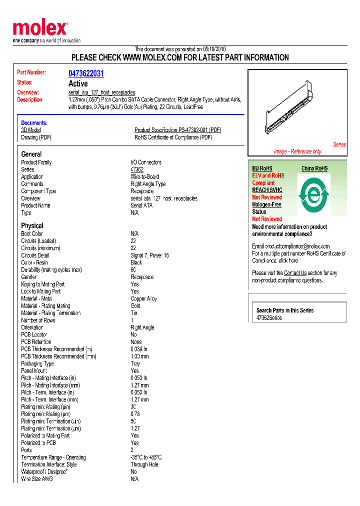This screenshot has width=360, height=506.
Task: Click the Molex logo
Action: [40, 28]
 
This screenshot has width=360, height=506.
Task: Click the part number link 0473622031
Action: [86, 73]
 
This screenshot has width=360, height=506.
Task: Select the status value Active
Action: [78, 83]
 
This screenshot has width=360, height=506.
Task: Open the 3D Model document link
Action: [31, 130]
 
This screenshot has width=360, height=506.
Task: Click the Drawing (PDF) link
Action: [36, 137]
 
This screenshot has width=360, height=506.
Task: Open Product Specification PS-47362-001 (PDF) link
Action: [177, 130]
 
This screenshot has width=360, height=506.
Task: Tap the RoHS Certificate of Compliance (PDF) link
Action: [173, 137]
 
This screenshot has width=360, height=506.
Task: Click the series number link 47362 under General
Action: [136, 169]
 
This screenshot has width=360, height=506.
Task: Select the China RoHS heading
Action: [314, 168]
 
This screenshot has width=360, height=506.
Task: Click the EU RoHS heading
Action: [262, 168]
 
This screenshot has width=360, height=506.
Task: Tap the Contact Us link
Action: [295, 273]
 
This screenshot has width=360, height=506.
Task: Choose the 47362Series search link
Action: [269, 318]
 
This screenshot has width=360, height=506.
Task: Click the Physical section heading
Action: [32, 225]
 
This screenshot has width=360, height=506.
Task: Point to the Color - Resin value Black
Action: [136, 262]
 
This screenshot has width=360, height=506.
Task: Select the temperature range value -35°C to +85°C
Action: [146, 457]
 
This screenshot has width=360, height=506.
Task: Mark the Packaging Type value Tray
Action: [135, 363]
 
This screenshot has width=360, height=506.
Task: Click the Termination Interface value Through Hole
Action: [144, 464]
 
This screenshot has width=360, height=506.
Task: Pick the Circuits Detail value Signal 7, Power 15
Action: [149, 255]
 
